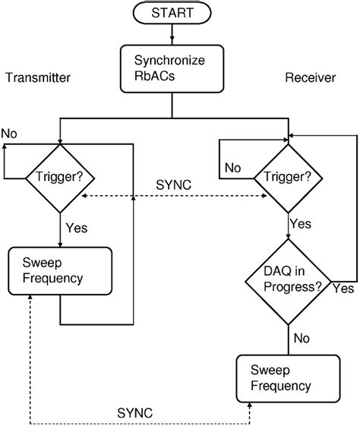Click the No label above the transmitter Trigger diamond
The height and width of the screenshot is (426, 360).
(x=10, y=134)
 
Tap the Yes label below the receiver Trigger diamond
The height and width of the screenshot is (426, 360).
(x=302, y=224)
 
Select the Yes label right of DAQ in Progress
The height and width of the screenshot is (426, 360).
(x=343, y=289)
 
